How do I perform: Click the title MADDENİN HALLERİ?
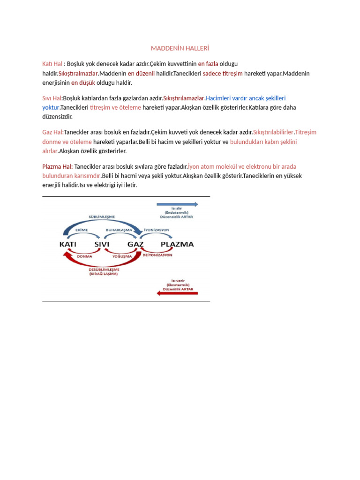(x=180, y=48)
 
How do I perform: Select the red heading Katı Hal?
(x=52, y=63)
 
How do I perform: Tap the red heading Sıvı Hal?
(x=52, y=98)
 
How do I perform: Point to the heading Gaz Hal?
(x=52, y=132)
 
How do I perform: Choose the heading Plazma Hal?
(x=57, y=166)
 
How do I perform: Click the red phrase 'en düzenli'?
(x=141, y=73)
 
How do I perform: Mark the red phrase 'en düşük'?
(x=83, y=82)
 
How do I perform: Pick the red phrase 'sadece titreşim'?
(x=223, y=73)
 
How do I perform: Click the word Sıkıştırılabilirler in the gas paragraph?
(x=273, y=132)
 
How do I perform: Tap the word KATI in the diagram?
(x=68, y=244)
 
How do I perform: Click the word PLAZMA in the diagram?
(x=177, y=244)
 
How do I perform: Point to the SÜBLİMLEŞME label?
(x=102, y=217)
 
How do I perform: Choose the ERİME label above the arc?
(x=82, y=230)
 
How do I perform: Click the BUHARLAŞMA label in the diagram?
(x=119, y=230)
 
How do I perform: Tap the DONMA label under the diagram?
(x=84, y=256)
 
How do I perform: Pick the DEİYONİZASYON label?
(x=157, y=255)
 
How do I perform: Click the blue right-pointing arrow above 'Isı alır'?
(x=177, y=204)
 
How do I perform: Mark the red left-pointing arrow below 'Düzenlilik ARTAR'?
(x=177, y=293)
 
